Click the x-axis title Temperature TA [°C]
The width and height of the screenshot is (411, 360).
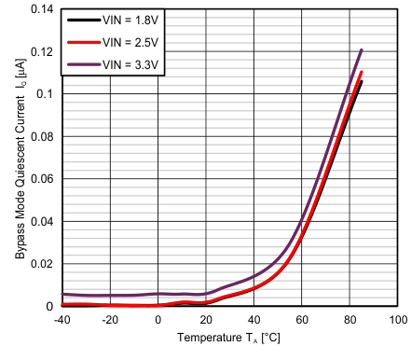pos(229,339)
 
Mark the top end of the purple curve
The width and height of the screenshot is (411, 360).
pos(361,50)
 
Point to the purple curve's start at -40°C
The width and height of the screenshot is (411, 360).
pos(62,294)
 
